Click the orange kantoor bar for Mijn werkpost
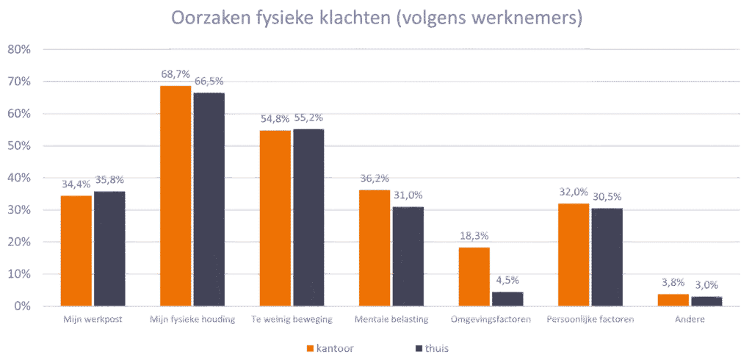coord(76,251)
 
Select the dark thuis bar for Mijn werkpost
coord(109,248)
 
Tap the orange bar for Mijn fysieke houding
coord(176,195)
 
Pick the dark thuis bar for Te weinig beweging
coord(308,217)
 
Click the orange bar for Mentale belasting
coord(375,248)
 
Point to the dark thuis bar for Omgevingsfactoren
coord(507,298)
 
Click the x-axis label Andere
coord(690,320)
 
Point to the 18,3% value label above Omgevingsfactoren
coord(474,236)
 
